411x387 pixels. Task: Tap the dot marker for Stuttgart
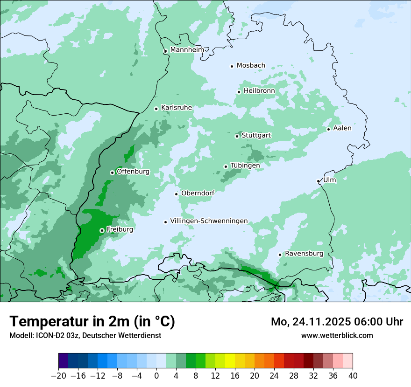(237, 136)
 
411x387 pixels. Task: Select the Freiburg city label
(120, 229)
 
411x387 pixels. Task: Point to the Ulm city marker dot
(318, 181)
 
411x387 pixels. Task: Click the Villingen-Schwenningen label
(209, 221)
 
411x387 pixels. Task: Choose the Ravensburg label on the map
(304, 254)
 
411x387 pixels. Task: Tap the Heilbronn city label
(259, 91)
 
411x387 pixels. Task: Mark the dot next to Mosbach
(232, 66)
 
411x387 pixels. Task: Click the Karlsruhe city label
(177, 108)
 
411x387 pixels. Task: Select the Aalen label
(342, 128)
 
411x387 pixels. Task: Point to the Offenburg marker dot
(112, 173)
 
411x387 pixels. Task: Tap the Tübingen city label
(245, 166)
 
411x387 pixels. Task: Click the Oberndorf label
(198, 193)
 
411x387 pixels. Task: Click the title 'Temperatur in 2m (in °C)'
(92, 321)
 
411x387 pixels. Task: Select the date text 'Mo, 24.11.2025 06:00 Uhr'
(337, 322)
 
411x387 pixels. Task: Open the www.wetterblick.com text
(337, 335)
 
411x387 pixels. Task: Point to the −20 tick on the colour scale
(59, 376)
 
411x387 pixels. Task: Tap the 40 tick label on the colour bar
(353, 376)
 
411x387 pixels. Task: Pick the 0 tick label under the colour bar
(157, 376)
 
